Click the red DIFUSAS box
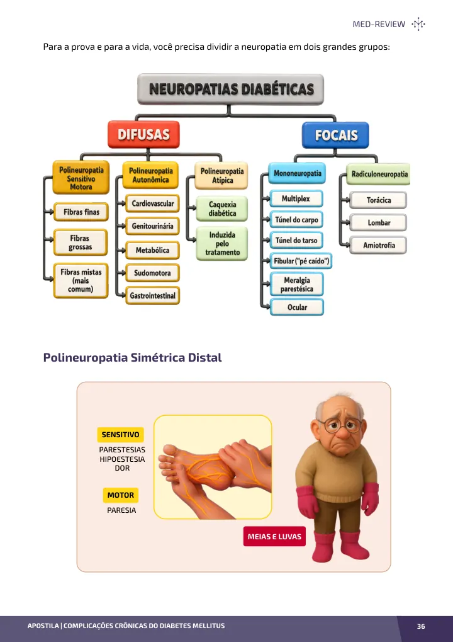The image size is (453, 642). pyautogui.click(x=143, y=134)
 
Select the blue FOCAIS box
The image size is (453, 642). pyautogui.click(x=335, y=135)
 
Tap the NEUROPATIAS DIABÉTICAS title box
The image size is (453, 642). pyautogui.click(x=230, y=89)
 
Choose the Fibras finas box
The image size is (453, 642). pyautogui.click(x=81, y=212)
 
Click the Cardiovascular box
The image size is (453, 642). pyautogui.click(x=152, y=203)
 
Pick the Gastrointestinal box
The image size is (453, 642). pyautogui.click(x=152, y=295)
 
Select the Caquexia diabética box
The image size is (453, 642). pyautogui.click(x=222, y=209)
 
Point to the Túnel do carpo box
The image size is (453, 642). pyautogui.click(x=296, y=220)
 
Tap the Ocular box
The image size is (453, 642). pyautogui.click(x=297, y=307)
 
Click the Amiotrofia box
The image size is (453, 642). pyautogui.click(x=378, y=245)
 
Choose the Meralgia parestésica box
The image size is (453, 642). pyautogui.click(x=296, y=284)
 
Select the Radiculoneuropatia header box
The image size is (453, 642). pyautogui.click(x=379, y=174)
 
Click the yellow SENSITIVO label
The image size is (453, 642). pyautogui.click(x=120, y=435)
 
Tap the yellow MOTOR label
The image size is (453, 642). pyautogui.click(x=121, y=495)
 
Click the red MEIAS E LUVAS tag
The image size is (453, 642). pyautogui.click(x=274, y=536)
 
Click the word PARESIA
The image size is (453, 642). pyautogui.click(x=121, y=510)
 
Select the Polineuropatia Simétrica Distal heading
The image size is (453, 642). pyautogui.click(x=133, y=357)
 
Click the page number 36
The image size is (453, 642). pyautogui.click(x=421, y=626)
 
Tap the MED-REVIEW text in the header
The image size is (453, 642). pyautogui.click(x=379, y=24)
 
